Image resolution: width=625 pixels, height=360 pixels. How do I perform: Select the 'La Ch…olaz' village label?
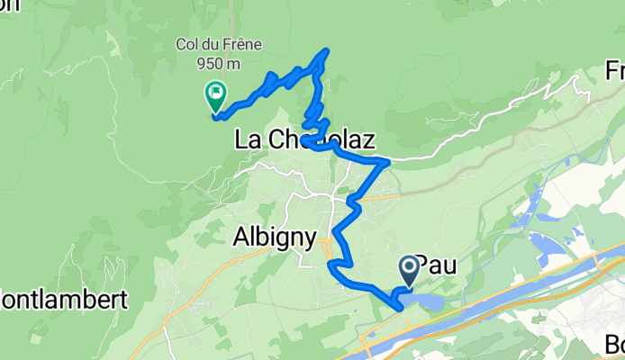[x=303, y=139]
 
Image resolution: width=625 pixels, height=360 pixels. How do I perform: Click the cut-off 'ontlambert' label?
[x=62, y=301]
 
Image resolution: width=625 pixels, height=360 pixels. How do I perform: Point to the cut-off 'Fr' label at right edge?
[x=615, y=71]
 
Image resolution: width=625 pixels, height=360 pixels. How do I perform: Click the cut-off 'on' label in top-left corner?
[x=9, y=7]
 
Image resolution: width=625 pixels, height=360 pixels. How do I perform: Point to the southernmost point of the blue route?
[x=401, y=308]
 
